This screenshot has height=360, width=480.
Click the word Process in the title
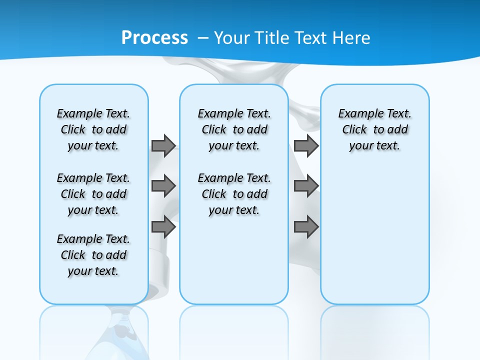tap(154, 37)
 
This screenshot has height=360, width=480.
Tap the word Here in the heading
tap(350, 38)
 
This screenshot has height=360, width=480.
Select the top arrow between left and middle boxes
tap(163, 145)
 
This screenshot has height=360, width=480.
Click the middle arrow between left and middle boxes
tap(163, 186)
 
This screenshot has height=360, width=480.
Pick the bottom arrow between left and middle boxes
tap(163, 227)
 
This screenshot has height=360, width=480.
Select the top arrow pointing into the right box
tap(306, 145)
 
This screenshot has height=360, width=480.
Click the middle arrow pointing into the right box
tap(306, 186)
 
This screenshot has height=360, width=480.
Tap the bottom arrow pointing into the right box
tap(306, 227)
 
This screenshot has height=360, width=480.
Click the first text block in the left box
tap(93, 129)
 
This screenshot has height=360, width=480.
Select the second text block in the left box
tap(93, 194)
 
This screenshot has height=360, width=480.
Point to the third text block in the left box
tap(93, 255)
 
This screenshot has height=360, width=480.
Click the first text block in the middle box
tap(234, 129)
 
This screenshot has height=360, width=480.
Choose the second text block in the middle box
tap(234, 194)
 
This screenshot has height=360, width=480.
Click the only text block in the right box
tap(375, 129)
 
